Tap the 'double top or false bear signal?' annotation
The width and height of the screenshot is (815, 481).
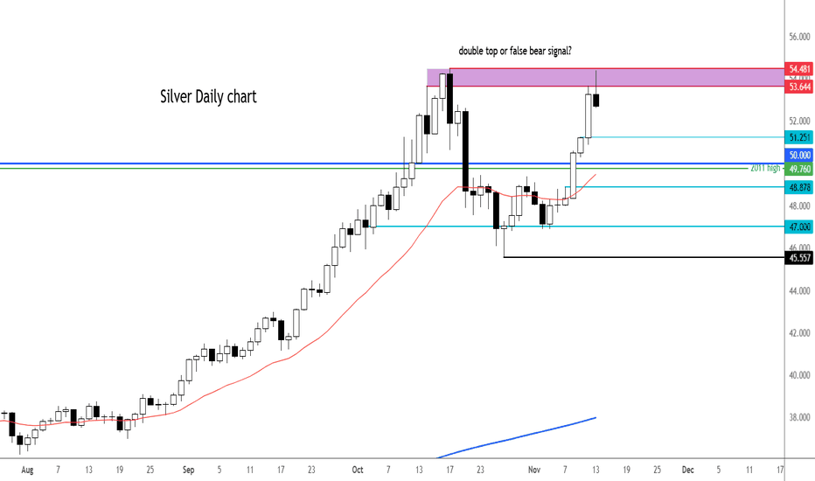tap(515, 52)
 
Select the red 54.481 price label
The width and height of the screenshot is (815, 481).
tap(798, 68)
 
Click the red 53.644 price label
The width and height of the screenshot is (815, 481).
tap(798, 87)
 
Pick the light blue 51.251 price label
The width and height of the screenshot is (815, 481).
tap(798, 137)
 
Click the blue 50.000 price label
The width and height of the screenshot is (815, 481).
tap(798, 155)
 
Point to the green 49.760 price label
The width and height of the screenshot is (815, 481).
tap(798, 169)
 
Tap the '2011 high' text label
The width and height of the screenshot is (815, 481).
tap(766, 167)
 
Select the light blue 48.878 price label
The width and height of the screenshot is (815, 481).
tap(798, 187)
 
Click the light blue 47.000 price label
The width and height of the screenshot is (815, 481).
tap(798, 226)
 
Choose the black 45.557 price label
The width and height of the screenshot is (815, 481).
tap(798, 258)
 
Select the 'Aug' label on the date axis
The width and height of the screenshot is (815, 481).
tap(26, 469)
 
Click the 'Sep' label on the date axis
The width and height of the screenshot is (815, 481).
tap(188, 469)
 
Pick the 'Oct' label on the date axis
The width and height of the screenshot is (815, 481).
tap(356, 469)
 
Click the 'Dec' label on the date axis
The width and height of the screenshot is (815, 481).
tap(687, 469)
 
